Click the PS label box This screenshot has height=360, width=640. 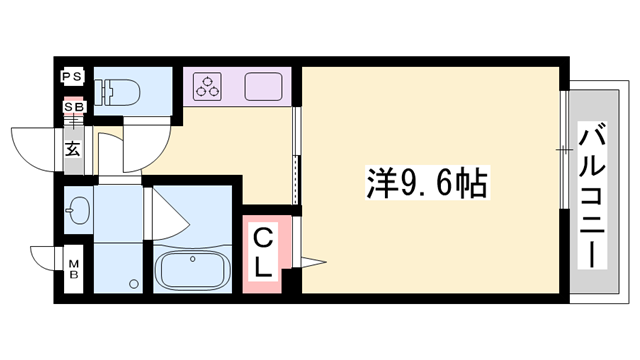(73, 77)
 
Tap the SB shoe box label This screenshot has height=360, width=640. (73, 107)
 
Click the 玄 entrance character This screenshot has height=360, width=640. (74, 150)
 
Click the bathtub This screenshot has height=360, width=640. (194, 271)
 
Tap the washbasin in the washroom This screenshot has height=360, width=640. (79, 210)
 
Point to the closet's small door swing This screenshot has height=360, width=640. (311, 263)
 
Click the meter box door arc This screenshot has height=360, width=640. (45, 257)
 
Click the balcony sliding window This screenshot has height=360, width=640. (564, 150)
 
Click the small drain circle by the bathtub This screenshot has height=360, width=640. (132, 283)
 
